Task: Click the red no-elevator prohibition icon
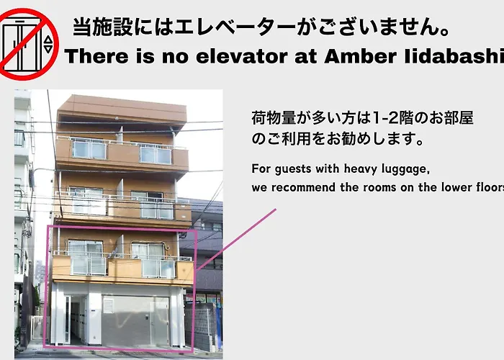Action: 28,44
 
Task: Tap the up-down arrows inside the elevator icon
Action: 48,45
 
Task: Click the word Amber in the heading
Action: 360,56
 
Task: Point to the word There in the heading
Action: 96,56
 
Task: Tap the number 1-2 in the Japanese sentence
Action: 384,118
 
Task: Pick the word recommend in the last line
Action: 303,187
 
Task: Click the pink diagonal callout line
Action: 236,240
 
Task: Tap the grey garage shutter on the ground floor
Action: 135,320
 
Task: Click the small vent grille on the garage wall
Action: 108,306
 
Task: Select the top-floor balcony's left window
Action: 89,150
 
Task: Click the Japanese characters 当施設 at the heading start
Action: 102,27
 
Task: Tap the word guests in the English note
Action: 293,169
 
